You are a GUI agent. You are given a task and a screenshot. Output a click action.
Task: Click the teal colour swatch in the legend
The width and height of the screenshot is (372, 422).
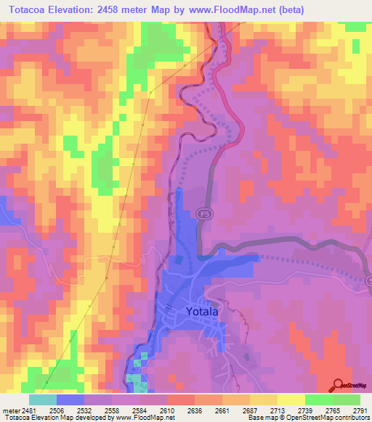click(43, 400)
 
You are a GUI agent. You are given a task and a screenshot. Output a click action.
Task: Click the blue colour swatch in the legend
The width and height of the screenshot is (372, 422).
click(70, 400)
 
